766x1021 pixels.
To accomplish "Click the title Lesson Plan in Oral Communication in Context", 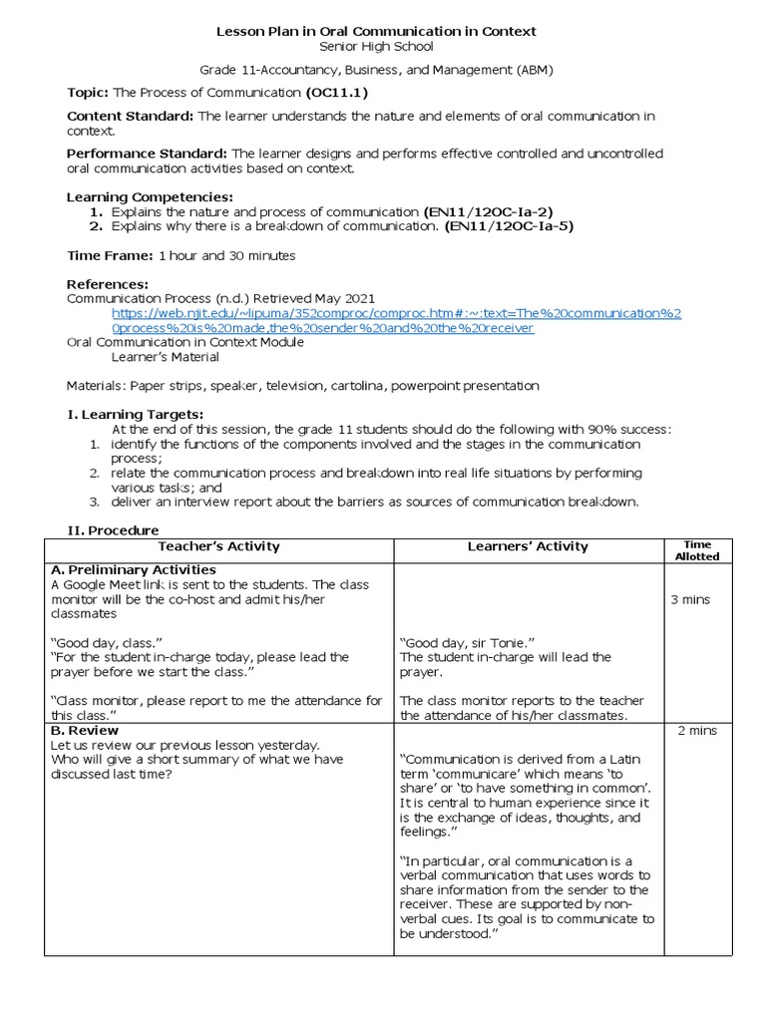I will [376, 32].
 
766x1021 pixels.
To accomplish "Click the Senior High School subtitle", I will [376, 47].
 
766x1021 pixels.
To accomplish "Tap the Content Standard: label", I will [130, 117].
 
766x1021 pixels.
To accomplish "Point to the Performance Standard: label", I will [147, 154].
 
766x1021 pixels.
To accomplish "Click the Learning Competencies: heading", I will [150, 197].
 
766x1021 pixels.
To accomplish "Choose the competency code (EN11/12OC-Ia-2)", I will [488, 211].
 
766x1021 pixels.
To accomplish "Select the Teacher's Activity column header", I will [219, 546].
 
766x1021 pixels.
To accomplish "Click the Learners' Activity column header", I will [528, 546].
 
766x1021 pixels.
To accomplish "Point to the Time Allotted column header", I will [698, 550].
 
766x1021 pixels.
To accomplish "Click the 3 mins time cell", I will [697, 599].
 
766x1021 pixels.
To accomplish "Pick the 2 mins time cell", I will [697, 731].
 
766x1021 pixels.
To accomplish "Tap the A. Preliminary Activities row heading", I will [133, 569].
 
